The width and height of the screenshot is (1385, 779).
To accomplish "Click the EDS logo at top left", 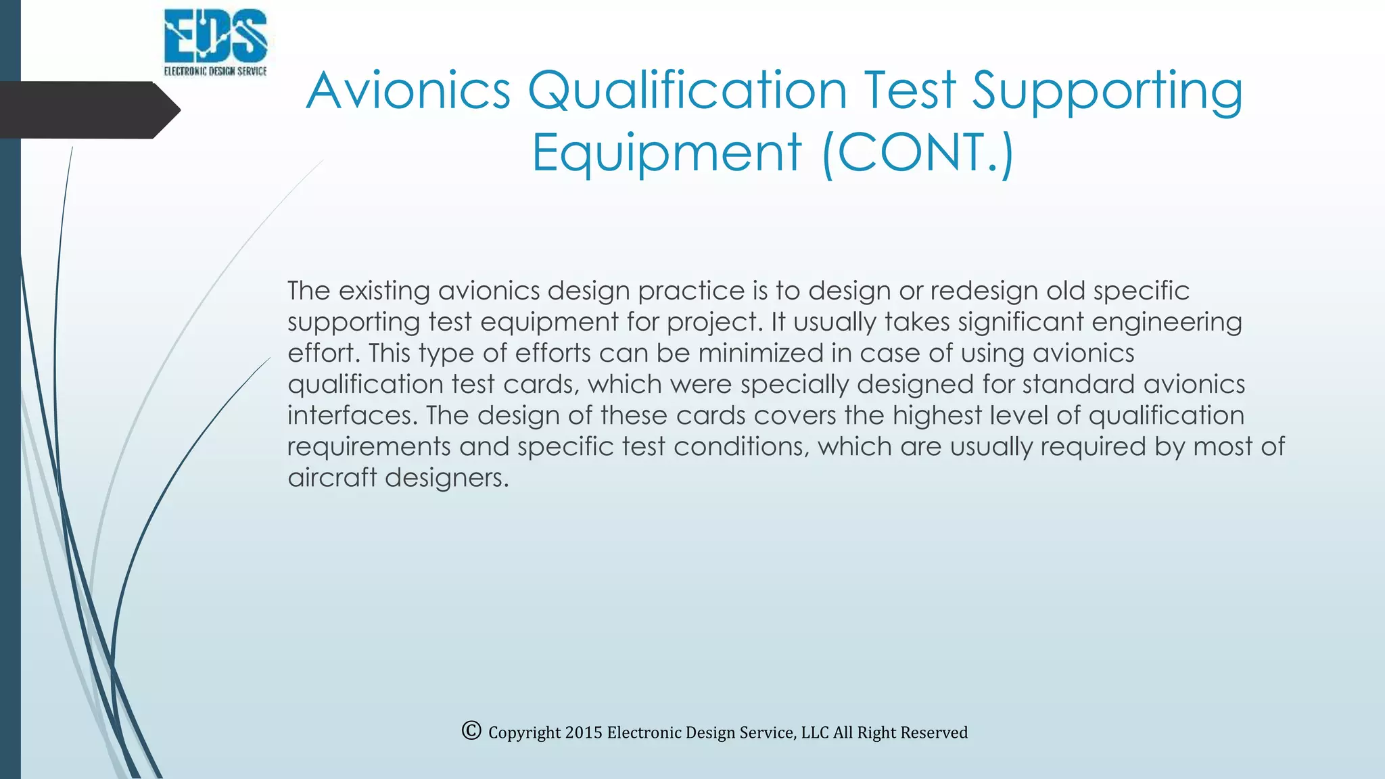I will coord(216,42).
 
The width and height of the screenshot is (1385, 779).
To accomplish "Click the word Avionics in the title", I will coord(408,91).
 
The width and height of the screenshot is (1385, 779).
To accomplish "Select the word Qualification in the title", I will coord(687,91).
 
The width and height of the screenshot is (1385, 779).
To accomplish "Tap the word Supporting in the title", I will coord(1108,91).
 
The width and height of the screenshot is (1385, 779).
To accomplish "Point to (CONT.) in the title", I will coord(918,153).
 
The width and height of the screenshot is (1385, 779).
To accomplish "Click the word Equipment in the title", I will coord(667,153).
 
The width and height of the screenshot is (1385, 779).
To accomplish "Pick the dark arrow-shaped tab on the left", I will coord(88,110).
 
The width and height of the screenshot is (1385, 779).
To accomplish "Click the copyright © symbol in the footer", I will coord(471,731).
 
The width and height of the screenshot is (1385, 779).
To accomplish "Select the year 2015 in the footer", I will coord(584,733).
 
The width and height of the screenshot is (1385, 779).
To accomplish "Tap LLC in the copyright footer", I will coord(815,733).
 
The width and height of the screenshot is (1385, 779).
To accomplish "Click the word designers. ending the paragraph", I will coord(446,478).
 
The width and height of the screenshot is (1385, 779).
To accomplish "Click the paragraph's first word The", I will coord(308,291).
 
